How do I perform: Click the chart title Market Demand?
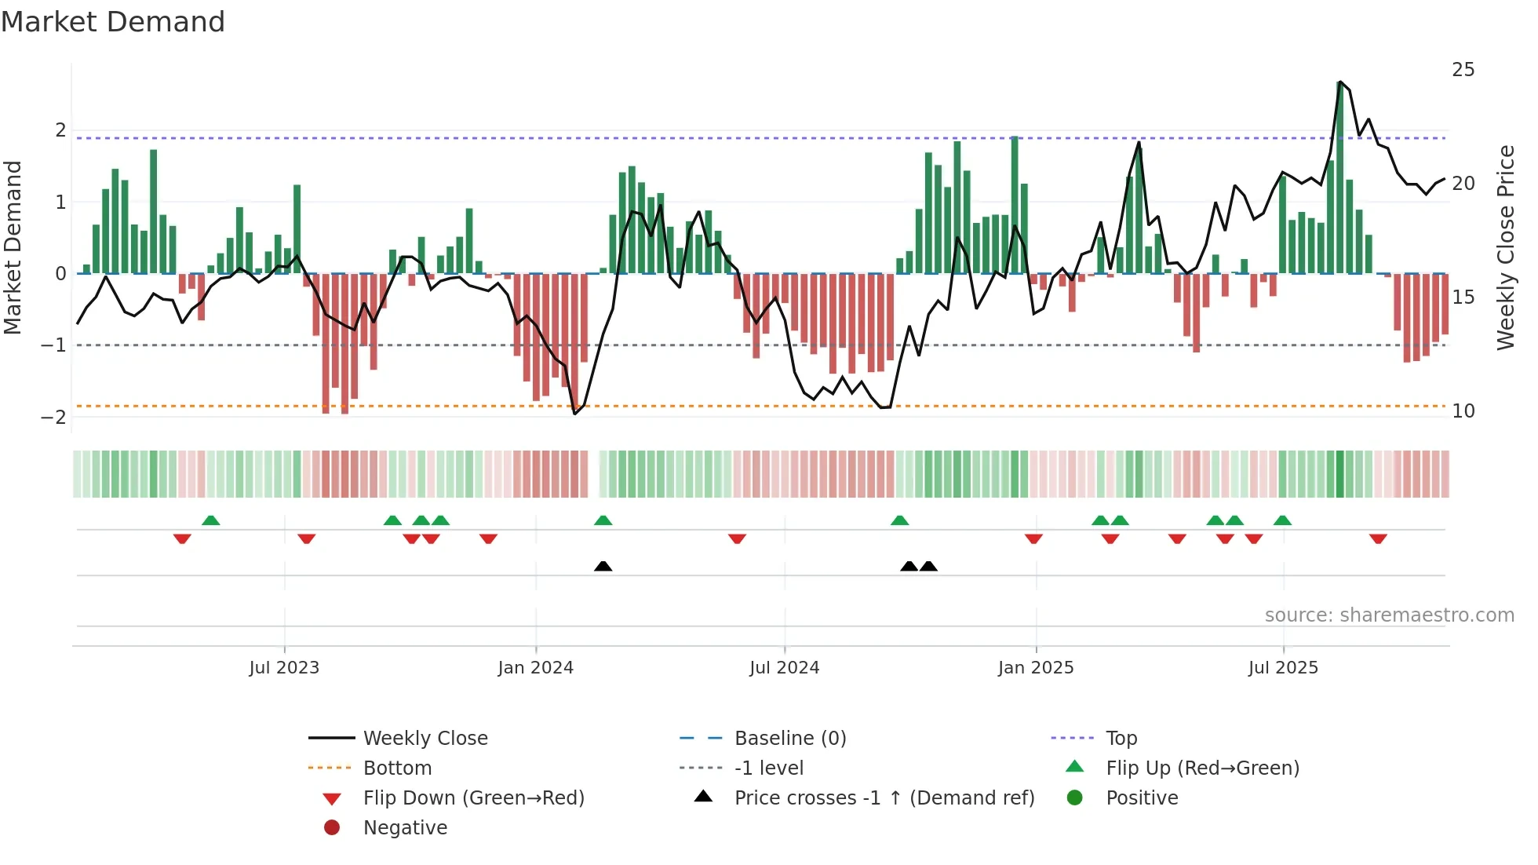point(113,21)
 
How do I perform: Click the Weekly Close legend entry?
point(425,738)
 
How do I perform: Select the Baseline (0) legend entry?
point(789,738)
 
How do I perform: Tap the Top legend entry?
point(1121,738)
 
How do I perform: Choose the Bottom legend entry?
point(397,768)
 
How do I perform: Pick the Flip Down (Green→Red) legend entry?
point(473,797)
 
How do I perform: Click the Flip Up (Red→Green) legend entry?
point(1202,768)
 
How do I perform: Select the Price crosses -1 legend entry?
point(884,797)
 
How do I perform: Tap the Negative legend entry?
point(405,827)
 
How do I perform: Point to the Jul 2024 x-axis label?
point(784,667)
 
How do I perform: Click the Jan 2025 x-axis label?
point(1036,667)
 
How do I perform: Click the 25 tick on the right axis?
point(1463,70)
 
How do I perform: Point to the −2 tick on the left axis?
point(54,417)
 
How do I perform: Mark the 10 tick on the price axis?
point(1463,411)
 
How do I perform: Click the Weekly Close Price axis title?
point(1505,247)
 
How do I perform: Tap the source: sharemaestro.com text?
point(1389,615)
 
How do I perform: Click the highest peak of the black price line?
point(1339,82)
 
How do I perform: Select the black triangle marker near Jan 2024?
point(603,566)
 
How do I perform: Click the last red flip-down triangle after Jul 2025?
point(1378,538)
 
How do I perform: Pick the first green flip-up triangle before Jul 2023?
point(210,520)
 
